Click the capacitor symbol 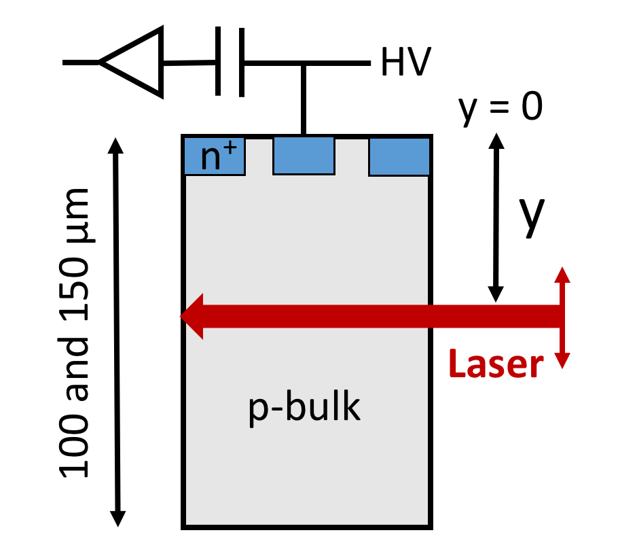231,62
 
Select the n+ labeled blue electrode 213,156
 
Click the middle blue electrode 304,156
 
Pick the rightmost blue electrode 399,156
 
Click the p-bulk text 304,408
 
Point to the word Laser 496,365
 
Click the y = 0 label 500,107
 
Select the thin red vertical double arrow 561,317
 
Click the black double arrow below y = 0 497,218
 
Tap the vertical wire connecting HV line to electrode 304,99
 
